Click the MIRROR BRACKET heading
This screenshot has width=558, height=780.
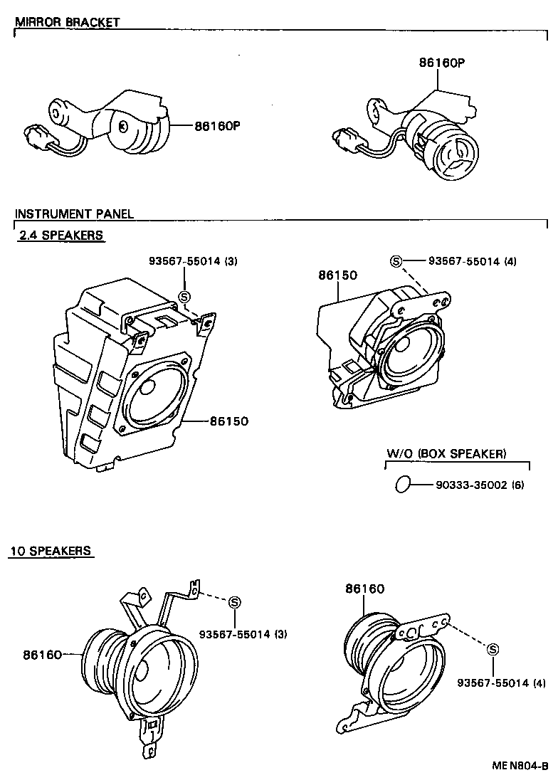click(67, 22)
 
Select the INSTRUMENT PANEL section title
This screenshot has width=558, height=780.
click(74, 214)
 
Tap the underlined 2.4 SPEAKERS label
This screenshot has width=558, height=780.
click(60, 236)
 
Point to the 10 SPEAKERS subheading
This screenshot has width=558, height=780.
click(51, 551)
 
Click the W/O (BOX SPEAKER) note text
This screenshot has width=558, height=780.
click(446, 453)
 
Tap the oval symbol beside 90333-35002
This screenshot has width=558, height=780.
click(402, 484)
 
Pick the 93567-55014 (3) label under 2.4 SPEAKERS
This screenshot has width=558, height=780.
click(193, 261)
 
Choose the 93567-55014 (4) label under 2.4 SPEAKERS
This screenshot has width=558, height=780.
click(473, 261)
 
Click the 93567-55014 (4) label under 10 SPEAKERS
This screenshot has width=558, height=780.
click(502, 682)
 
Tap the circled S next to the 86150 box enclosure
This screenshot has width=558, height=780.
click(184, 297)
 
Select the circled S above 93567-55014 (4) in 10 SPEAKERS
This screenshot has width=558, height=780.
click(493, 648)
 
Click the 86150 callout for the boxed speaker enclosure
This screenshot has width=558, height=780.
click(228, 421)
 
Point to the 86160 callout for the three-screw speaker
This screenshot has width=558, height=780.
click(42, 653)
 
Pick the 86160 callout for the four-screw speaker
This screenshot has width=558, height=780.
click(365, 589)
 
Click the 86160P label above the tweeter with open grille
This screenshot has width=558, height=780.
click(441, 62)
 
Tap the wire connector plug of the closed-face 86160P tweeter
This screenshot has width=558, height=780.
click(34, 136)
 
